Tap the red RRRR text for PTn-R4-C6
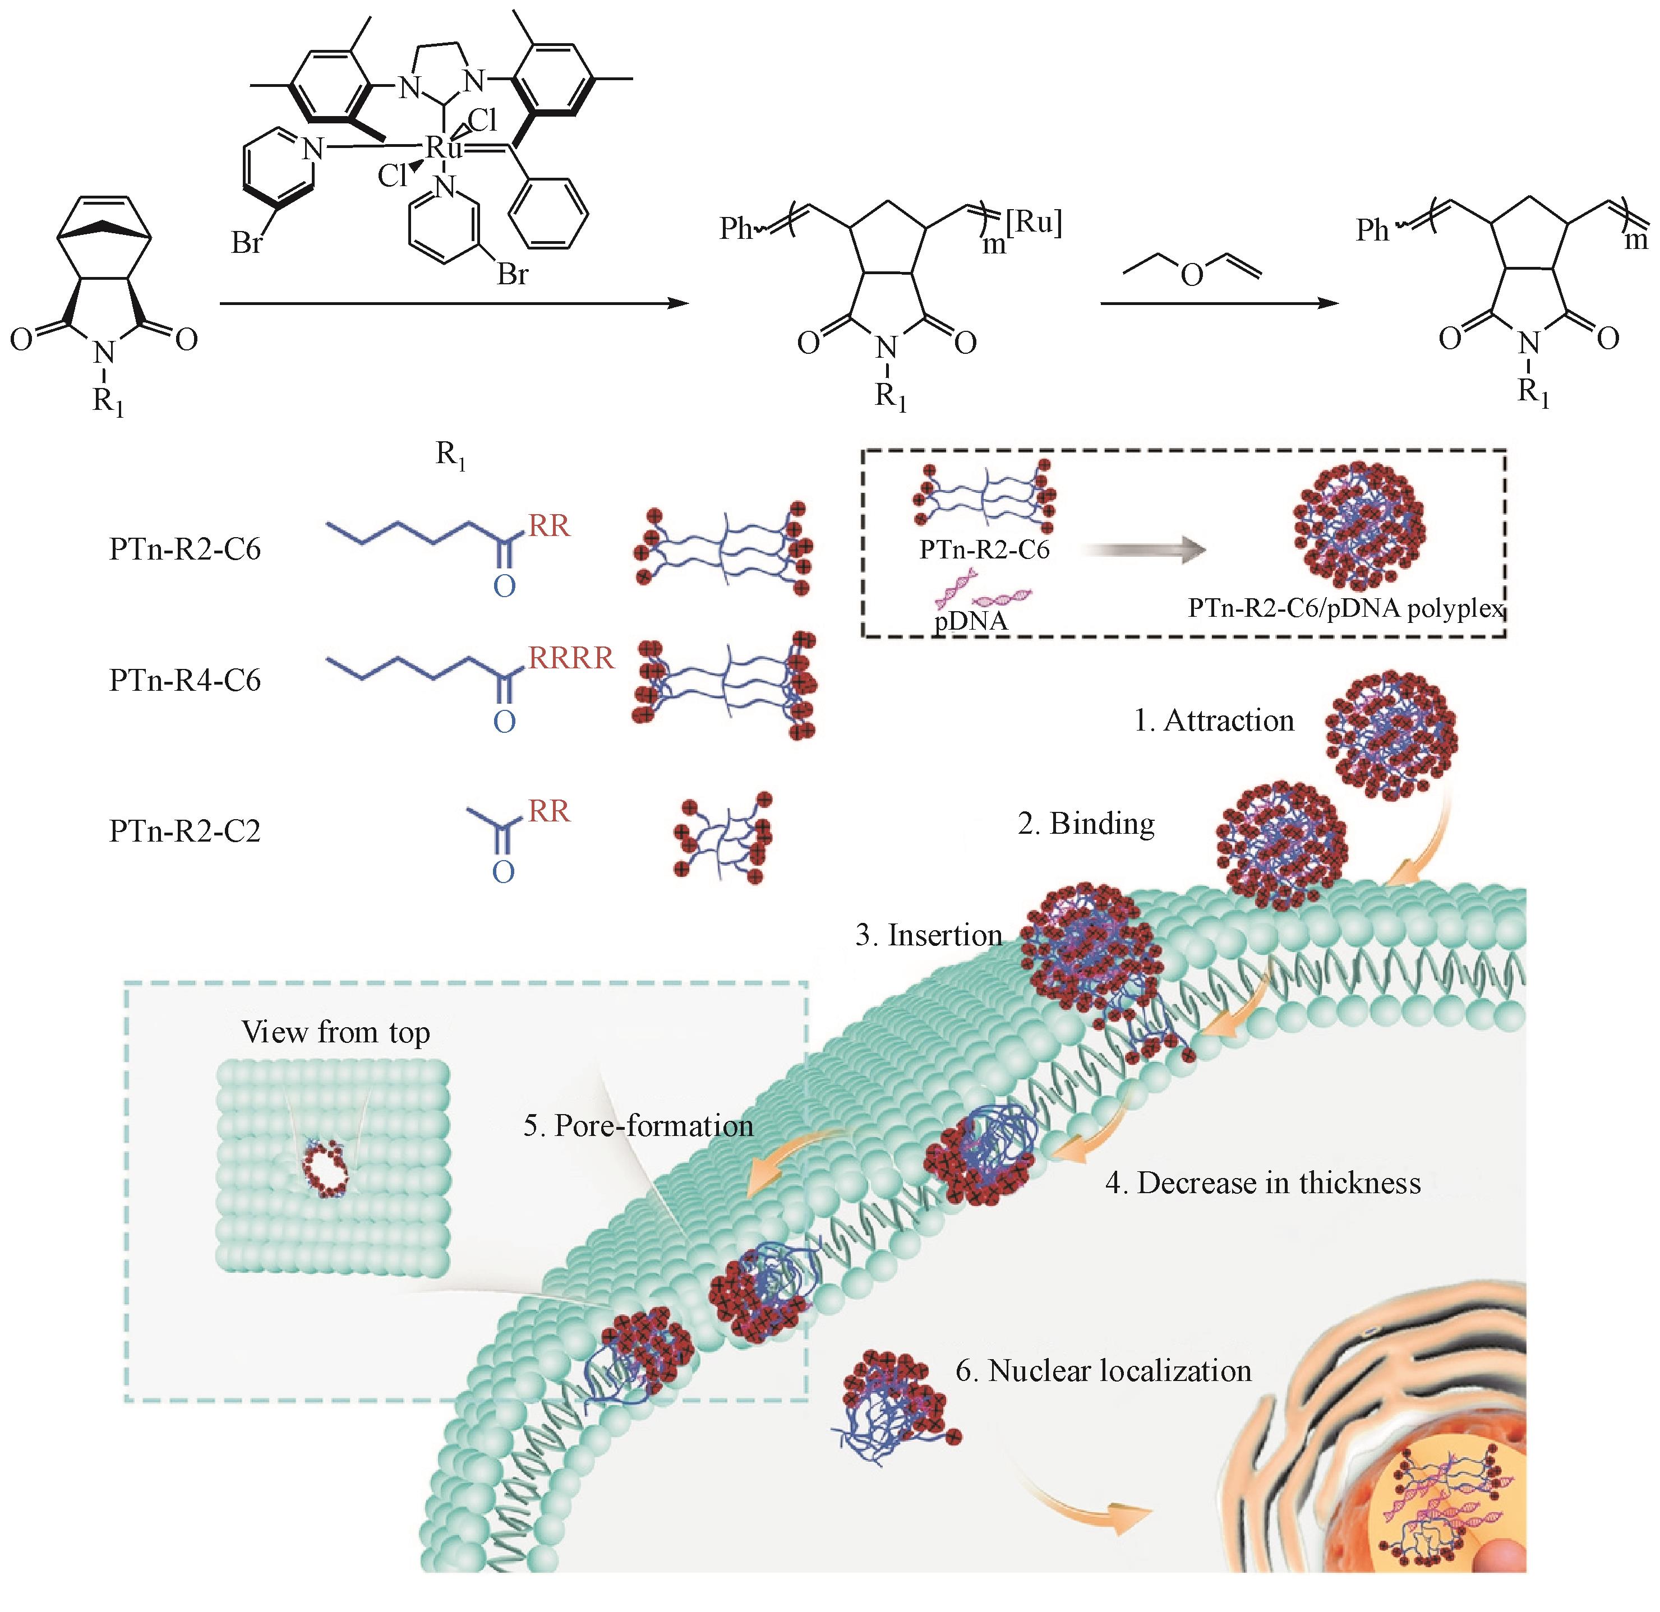[x=571, y=658]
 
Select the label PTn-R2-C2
[x=185, y=830]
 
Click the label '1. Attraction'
[x=1214, y=720]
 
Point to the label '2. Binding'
[x=1086, y=823]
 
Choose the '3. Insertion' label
[x=928, y=935]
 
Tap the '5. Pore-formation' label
[x=638, y=1125]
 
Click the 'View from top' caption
[x=335, y=1031]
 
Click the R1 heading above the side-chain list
[x=450, y=455]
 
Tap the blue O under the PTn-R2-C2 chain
[x=503, y=872]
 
